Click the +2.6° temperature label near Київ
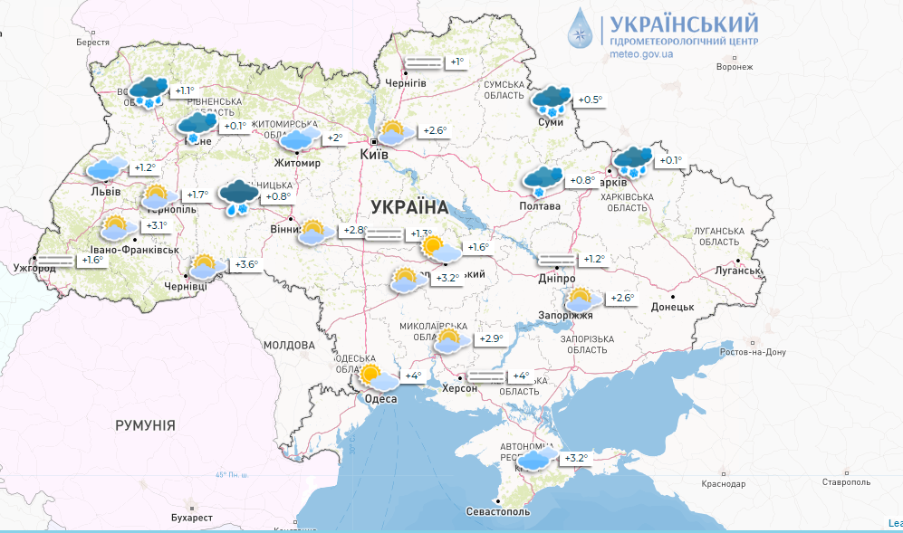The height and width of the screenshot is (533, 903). pyautogui.click(x=435, y=131)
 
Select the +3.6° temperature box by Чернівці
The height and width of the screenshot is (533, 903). pyautogui.click(x=246, y=265)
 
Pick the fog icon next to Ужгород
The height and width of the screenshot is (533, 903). pyautogui.click(x=56, y=260)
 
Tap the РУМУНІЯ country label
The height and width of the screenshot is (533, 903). pyautogui.click(x=145, y=425)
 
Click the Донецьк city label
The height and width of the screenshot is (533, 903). pyautogui.click(x=671, y=307)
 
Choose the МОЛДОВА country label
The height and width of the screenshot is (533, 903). pyautogui.click(x=289, y=345)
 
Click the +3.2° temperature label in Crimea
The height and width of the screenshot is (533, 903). pyautogui.click(x=575, y=458)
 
